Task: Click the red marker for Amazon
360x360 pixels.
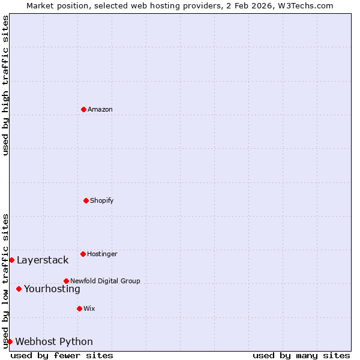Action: click(x=83, y=109)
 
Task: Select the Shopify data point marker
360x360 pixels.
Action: click(x=86, y=200)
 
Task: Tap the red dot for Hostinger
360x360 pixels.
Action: click(x=83, y=254)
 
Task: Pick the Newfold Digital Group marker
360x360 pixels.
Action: click(x=66, y=281)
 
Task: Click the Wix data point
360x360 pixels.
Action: click(x=79, y=308)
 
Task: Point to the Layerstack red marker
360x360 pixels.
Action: click(x=11, y=260)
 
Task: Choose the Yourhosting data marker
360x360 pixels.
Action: click(x=19, y=289)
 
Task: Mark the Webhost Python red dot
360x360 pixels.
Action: click(x=10, y=341)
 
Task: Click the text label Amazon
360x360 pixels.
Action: click(x=100, y=110)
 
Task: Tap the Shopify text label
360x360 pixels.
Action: click(x=102, y=201)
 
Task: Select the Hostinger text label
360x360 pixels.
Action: click(x=102, y=254)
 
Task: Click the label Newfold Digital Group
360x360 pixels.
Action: click(x=105, y=281)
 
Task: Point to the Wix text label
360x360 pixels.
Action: click(x=89, y=309)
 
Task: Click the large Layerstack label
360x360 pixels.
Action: click(x=43, y=260)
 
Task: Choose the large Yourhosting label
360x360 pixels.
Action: click(x=52, y=289)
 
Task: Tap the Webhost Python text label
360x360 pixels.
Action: click(x=54, y=342)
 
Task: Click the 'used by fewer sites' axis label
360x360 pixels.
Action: click(x=62, y=356)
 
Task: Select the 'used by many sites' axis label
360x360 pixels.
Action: click(x=301, y=356)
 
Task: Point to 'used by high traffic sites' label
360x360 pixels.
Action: click(x=5, y=85)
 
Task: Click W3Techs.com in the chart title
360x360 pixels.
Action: click(x=304, y=5)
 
